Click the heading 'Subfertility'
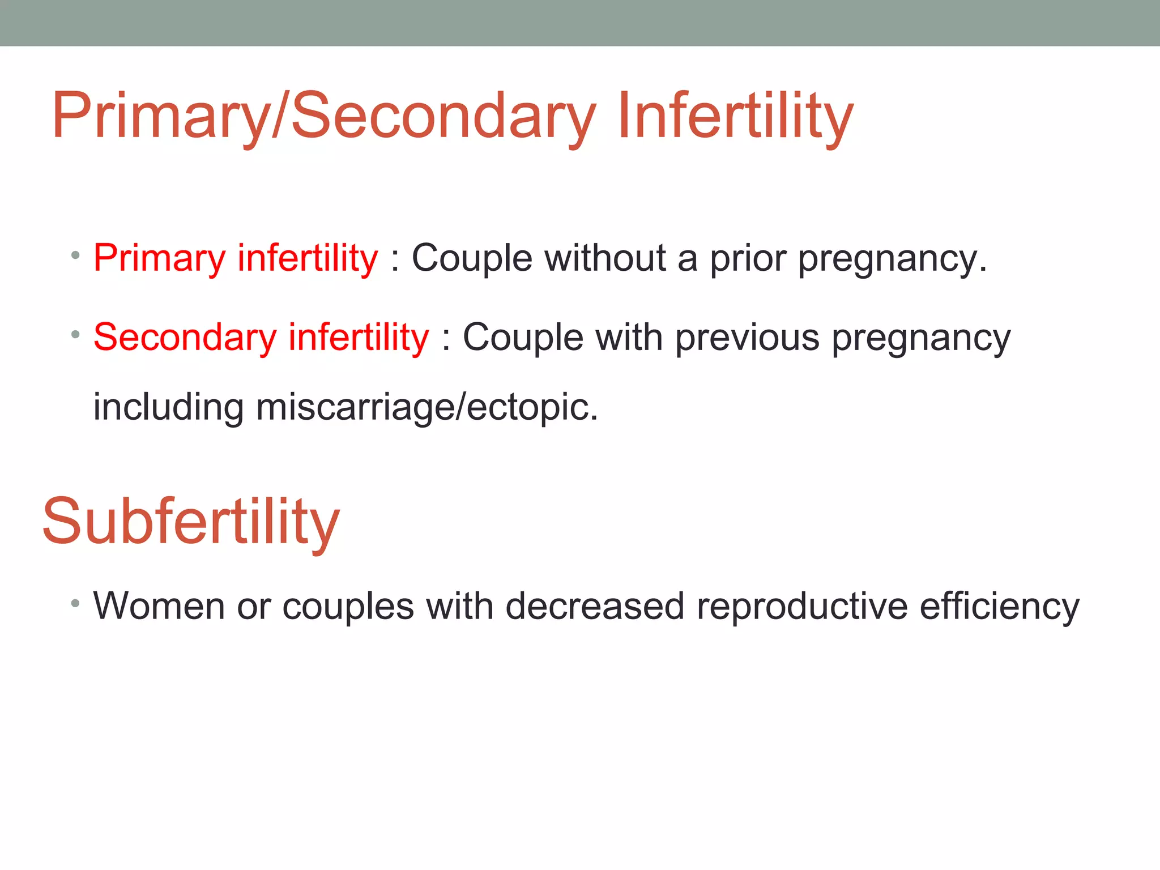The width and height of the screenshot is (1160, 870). coord(191,521)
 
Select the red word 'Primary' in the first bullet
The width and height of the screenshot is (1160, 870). coord(160,259)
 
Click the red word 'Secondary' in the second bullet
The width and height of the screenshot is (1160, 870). coord(185,338)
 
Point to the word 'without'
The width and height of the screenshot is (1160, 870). coord(605,259)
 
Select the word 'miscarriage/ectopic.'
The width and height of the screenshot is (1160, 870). coord(427,407)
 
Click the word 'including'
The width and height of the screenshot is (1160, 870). coord(168,407)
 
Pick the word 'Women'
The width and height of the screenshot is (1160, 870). coord(159,606)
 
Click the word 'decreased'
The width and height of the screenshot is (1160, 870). coord(595,606)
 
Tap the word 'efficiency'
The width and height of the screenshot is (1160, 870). coord(1000,606)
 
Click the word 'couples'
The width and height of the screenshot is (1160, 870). coord(348,606)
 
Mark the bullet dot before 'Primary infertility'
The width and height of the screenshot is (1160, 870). coord(75,255)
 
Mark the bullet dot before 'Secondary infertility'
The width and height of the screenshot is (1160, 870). coord(75,335)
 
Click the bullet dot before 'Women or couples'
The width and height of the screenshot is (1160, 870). coord(75,603)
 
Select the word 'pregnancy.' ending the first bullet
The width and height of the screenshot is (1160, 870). coord(893,259)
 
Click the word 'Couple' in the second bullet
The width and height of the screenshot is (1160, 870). coord(523,338)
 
